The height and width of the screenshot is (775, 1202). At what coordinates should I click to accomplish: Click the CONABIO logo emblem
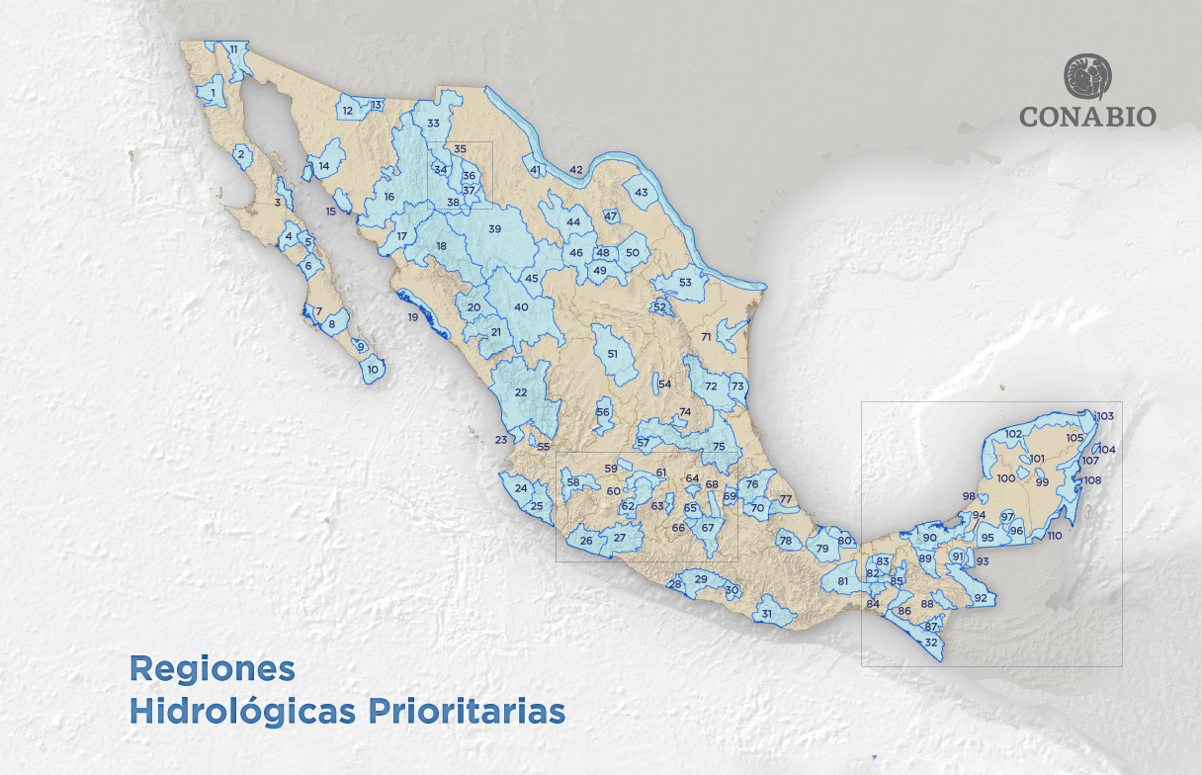pyautogui.click(x=1087, y=77)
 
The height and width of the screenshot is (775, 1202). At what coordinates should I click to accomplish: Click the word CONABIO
pyautogui.click(x=1087, y=116)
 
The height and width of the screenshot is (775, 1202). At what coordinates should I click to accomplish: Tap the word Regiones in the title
pyautogui.click(x=212, y=668)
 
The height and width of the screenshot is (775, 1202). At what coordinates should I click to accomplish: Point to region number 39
pyautogui.click(x=495, y=229)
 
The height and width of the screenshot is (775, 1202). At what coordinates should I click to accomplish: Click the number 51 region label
pyautogui.click(x=613, y=354)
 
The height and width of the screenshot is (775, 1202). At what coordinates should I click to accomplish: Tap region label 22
pyautogui.click(x=520, y=393)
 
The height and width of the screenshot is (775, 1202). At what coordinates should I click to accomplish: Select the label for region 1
pyautogui.click(x=214, y=94)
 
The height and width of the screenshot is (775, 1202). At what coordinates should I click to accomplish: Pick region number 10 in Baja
pyautogui.click(x=372, y=370)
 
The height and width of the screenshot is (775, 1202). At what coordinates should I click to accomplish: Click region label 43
pyautogui.click(x=641, y=193)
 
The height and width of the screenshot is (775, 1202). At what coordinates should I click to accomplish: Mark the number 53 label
pyautogui.click(x=685, y=283)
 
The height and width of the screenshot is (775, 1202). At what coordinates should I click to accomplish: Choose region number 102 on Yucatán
pyautogui.click(x=1013, y=434)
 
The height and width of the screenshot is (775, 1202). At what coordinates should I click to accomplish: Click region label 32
pyautogui.click(x=930, y=643)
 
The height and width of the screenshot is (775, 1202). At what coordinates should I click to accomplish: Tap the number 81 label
pyautogui.click(x=842, y=581)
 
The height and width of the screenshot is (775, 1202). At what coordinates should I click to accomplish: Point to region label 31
pyautogui.click(x=766, y=614)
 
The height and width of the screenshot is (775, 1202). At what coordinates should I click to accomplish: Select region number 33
pyautogui.click(x=433, y=124)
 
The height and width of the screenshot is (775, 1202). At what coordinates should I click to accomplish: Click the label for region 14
pyautogui.click(x=324, y=167)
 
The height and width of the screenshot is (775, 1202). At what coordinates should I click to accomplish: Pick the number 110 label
pyautogui.click(x=1054, y=536)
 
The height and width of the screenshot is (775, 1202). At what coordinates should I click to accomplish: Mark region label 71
pyautogui.click(x=706, y=337)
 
